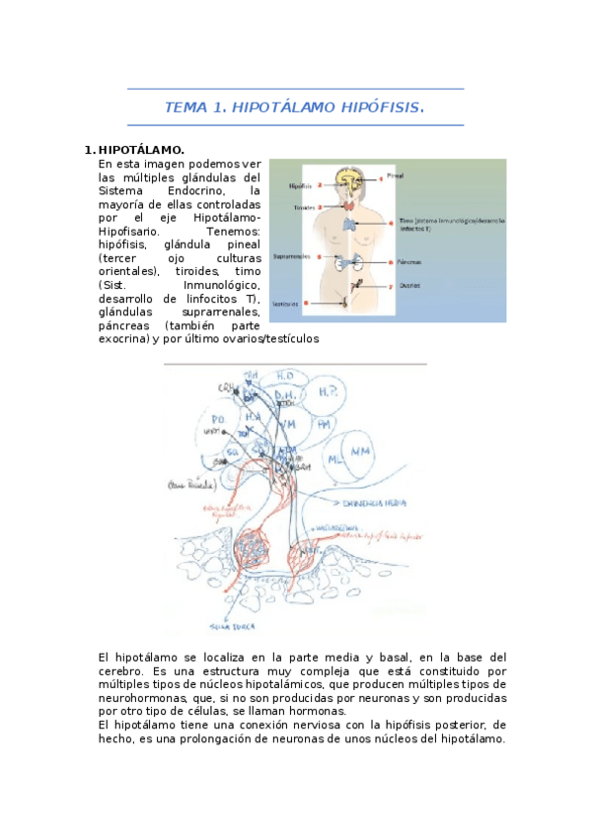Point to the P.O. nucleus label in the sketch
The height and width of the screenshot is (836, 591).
click(218, 419)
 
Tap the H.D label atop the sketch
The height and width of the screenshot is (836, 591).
click(285, 376)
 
